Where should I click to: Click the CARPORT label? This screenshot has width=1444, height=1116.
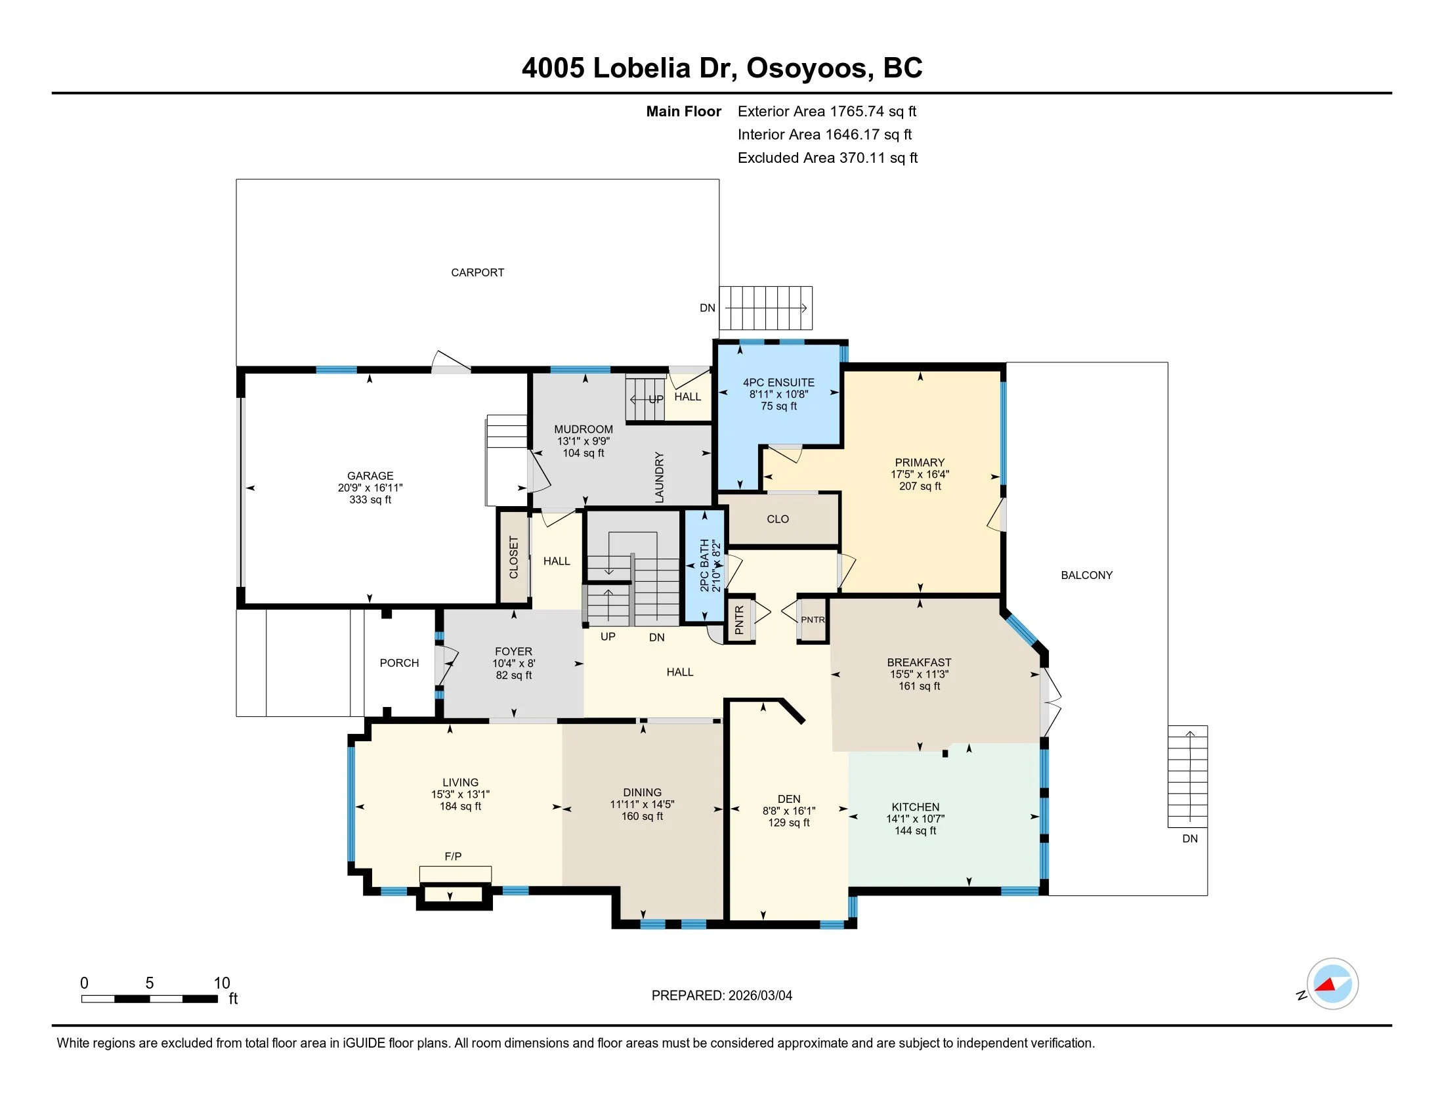477,272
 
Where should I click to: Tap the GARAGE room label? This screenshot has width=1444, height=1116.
370,476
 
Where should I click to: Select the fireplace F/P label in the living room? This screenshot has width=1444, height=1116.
453,857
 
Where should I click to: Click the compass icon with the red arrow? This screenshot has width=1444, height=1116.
1332,984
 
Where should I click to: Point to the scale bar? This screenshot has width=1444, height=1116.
150,999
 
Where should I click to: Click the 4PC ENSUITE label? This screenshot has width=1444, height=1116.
779,383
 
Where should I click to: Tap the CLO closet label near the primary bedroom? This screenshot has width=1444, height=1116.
778,519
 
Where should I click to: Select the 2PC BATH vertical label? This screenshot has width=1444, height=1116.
705,565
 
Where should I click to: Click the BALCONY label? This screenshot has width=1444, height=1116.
1087,575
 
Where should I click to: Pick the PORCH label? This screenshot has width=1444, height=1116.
399,663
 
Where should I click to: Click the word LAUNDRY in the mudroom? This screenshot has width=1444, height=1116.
659,477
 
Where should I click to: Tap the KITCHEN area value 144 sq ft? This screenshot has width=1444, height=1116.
916,831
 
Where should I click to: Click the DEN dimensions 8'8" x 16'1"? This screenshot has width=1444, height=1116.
789,811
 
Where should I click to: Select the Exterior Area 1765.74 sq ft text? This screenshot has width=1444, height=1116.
827,112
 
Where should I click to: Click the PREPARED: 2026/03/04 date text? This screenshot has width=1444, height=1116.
722,996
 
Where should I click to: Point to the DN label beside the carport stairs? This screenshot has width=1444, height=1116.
708,308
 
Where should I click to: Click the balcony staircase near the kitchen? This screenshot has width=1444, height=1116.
1187,777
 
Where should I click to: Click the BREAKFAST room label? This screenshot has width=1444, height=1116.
919,662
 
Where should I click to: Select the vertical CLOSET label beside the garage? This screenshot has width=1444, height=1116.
514,557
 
